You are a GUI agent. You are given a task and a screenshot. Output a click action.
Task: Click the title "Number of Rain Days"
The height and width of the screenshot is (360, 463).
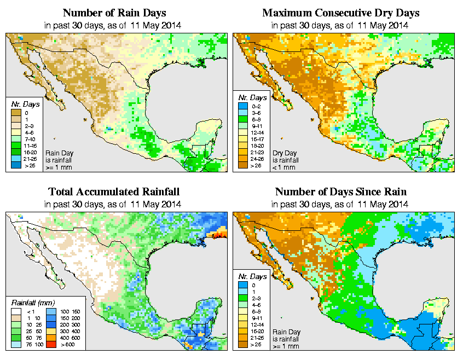pyautogui.click(x=114, y=13)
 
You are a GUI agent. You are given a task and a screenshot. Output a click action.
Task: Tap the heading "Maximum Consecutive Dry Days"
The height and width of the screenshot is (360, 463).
pyautogui.click(x=340, y=13)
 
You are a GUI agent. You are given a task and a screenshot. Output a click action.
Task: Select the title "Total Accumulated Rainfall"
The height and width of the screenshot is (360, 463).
pyautogui.click(x=114, y=192)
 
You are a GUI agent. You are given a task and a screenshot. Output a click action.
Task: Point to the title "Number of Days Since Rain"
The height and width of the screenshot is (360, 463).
pyautogui.click(x=340, y=192)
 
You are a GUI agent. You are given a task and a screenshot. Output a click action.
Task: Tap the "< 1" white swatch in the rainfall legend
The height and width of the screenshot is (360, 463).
pyautogui.click(x=16, y=311)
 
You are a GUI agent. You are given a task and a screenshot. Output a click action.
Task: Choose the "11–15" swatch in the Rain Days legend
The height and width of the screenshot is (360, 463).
pyautogui.click(x=16, y=145)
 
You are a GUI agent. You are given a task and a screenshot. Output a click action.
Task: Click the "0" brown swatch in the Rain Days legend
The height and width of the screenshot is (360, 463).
pyautogui.click(x=16, y=113)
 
